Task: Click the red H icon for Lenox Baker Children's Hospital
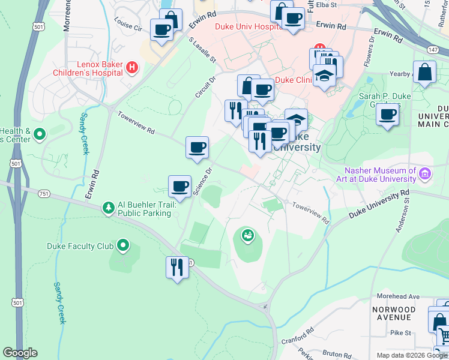131,67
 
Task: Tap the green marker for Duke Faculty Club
123,245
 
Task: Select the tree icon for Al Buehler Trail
108,208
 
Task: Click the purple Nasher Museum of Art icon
426,174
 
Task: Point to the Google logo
20,353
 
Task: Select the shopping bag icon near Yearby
424,72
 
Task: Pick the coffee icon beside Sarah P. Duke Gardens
388,113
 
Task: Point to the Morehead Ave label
397,296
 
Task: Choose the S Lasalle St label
202,50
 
